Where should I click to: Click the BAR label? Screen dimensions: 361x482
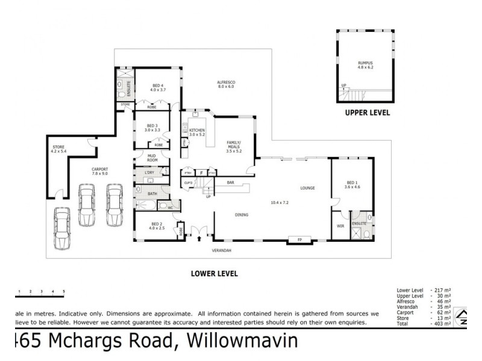click(230, 182)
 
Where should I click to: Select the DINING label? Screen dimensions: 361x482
click(242, 214)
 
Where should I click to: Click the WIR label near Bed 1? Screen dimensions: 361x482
click(340, 227)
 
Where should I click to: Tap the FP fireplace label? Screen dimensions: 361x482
click(299, 240)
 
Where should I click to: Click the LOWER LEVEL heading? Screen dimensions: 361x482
click(214, 273)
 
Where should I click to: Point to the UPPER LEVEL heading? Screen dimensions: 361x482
click(367, 113)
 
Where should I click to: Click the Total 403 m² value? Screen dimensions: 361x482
click(442, 324)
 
